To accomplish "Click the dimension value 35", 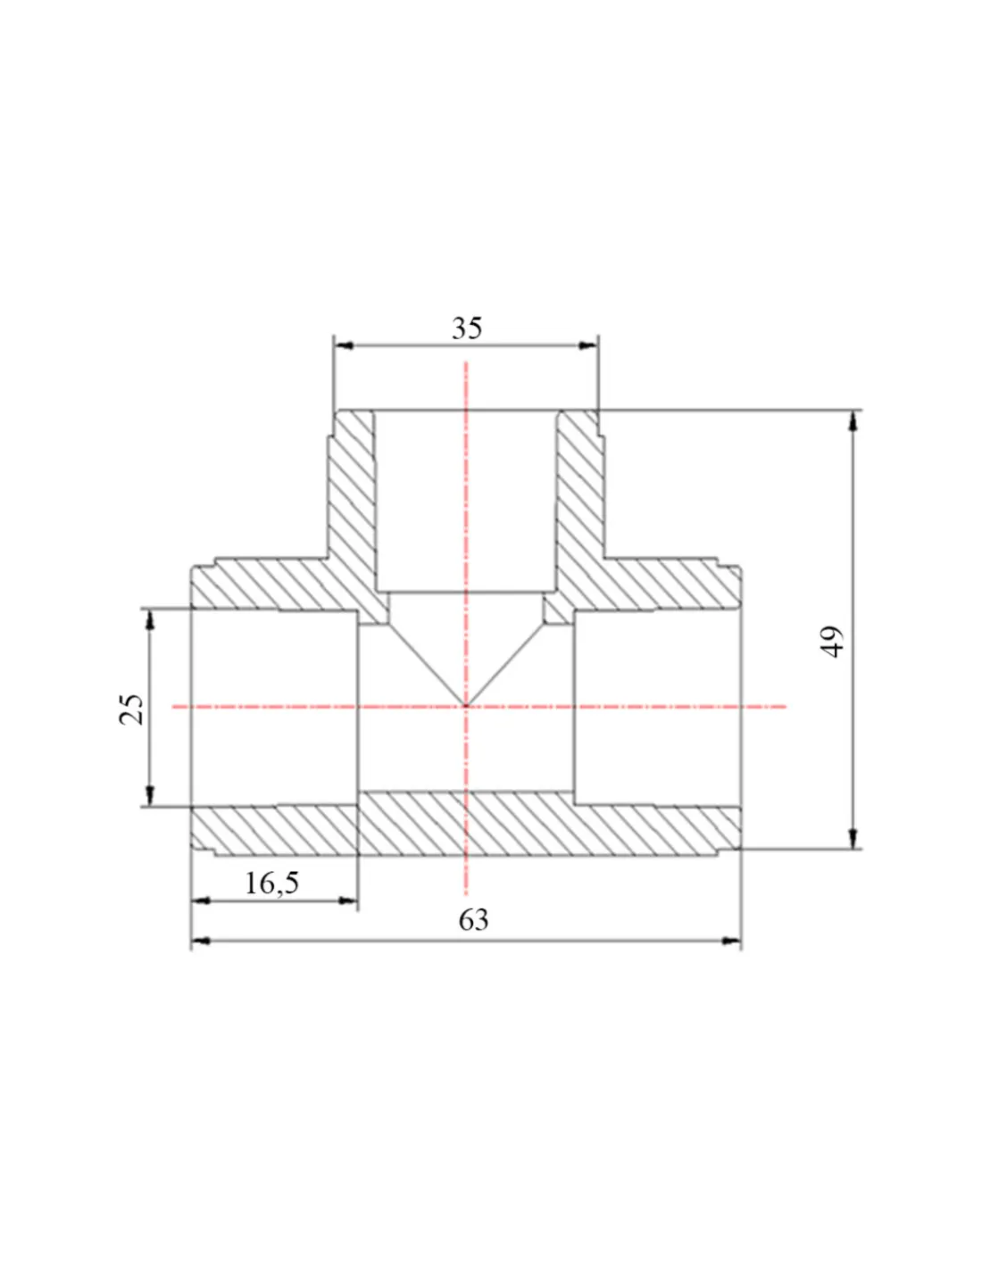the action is click(x=467, y=328).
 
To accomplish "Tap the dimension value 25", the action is click(x=131, y=709).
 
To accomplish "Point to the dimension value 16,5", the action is click(x=271, y=883).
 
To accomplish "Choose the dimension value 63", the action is click(x=473, y=920).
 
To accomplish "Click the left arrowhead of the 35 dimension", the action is click(x=344, y=345).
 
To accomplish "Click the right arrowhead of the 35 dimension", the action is click(x=587, y=345).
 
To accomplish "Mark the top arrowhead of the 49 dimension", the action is click(x=853, y=421).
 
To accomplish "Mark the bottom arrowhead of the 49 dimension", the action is click(x=853, y=839).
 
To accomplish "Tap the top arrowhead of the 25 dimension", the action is click(x=150, y=619).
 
